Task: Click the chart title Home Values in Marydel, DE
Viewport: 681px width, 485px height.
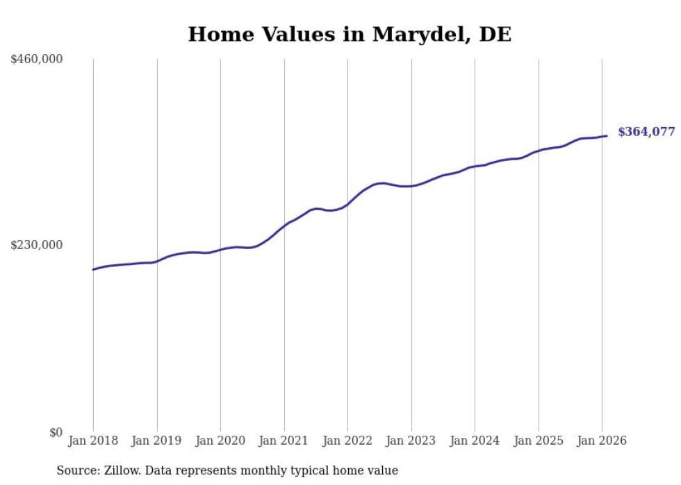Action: pos(350,34)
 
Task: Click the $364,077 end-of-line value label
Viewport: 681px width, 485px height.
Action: pos(646,132)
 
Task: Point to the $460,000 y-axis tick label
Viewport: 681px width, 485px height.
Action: pos(36,60)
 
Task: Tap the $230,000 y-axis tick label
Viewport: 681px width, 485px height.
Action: pos(36,245)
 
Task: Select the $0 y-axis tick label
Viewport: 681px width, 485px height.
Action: pos(56,432)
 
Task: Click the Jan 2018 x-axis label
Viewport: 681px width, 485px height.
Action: pos(93,441)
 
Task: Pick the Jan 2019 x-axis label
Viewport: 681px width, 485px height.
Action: pos(157,441)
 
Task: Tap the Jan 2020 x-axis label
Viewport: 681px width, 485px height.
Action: pos(220,441)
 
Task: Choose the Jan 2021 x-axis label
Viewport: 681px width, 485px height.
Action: pos(284,441)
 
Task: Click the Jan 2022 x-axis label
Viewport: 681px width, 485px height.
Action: pos(347,441)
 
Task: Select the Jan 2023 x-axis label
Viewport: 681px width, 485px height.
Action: pos(411,441)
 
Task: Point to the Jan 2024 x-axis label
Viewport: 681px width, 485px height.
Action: pos(475,441)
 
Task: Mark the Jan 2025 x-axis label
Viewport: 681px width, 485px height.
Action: pos(539,441)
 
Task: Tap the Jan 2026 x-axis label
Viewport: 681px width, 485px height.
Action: pos(602,441)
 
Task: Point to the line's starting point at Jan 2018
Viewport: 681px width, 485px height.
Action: pos(93,269)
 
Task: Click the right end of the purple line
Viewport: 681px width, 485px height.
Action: pos(607,136)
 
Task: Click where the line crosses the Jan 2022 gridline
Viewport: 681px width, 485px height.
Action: pos(347,204)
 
